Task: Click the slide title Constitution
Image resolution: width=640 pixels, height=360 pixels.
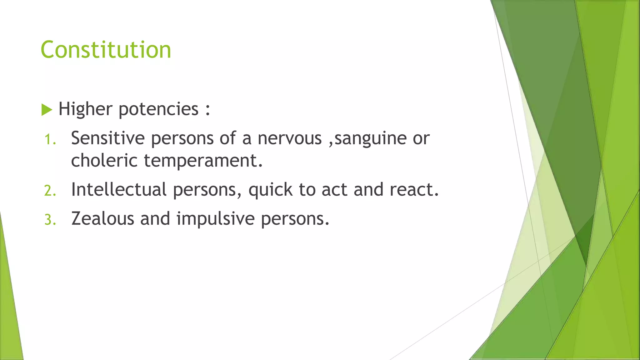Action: [x=106, y=50]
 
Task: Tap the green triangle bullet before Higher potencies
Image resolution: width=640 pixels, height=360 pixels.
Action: [x=47, y=110]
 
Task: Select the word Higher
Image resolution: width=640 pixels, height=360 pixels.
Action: [x=85, y=109]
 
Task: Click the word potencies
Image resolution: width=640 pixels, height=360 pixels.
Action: [x=158, y=110]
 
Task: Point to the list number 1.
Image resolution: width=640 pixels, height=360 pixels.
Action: [x=50, y=140]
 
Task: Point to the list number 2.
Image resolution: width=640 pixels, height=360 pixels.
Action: [x=50, y=191]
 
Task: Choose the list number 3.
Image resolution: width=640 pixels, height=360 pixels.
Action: [x=50, y=220]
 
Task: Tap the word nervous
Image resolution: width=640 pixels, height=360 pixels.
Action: [x=289, y=138]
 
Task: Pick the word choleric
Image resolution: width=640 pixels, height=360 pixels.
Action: [x=104, y=160]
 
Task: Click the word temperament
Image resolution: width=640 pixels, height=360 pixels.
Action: [x=203, y=161]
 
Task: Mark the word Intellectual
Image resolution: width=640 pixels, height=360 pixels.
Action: [x=119, y=189]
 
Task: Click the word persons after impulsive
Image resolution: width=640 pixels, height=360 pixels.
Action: [x=295, y=219]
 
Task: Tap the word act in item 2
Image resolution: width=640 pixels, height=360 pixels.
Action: [x=334, y=190]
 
